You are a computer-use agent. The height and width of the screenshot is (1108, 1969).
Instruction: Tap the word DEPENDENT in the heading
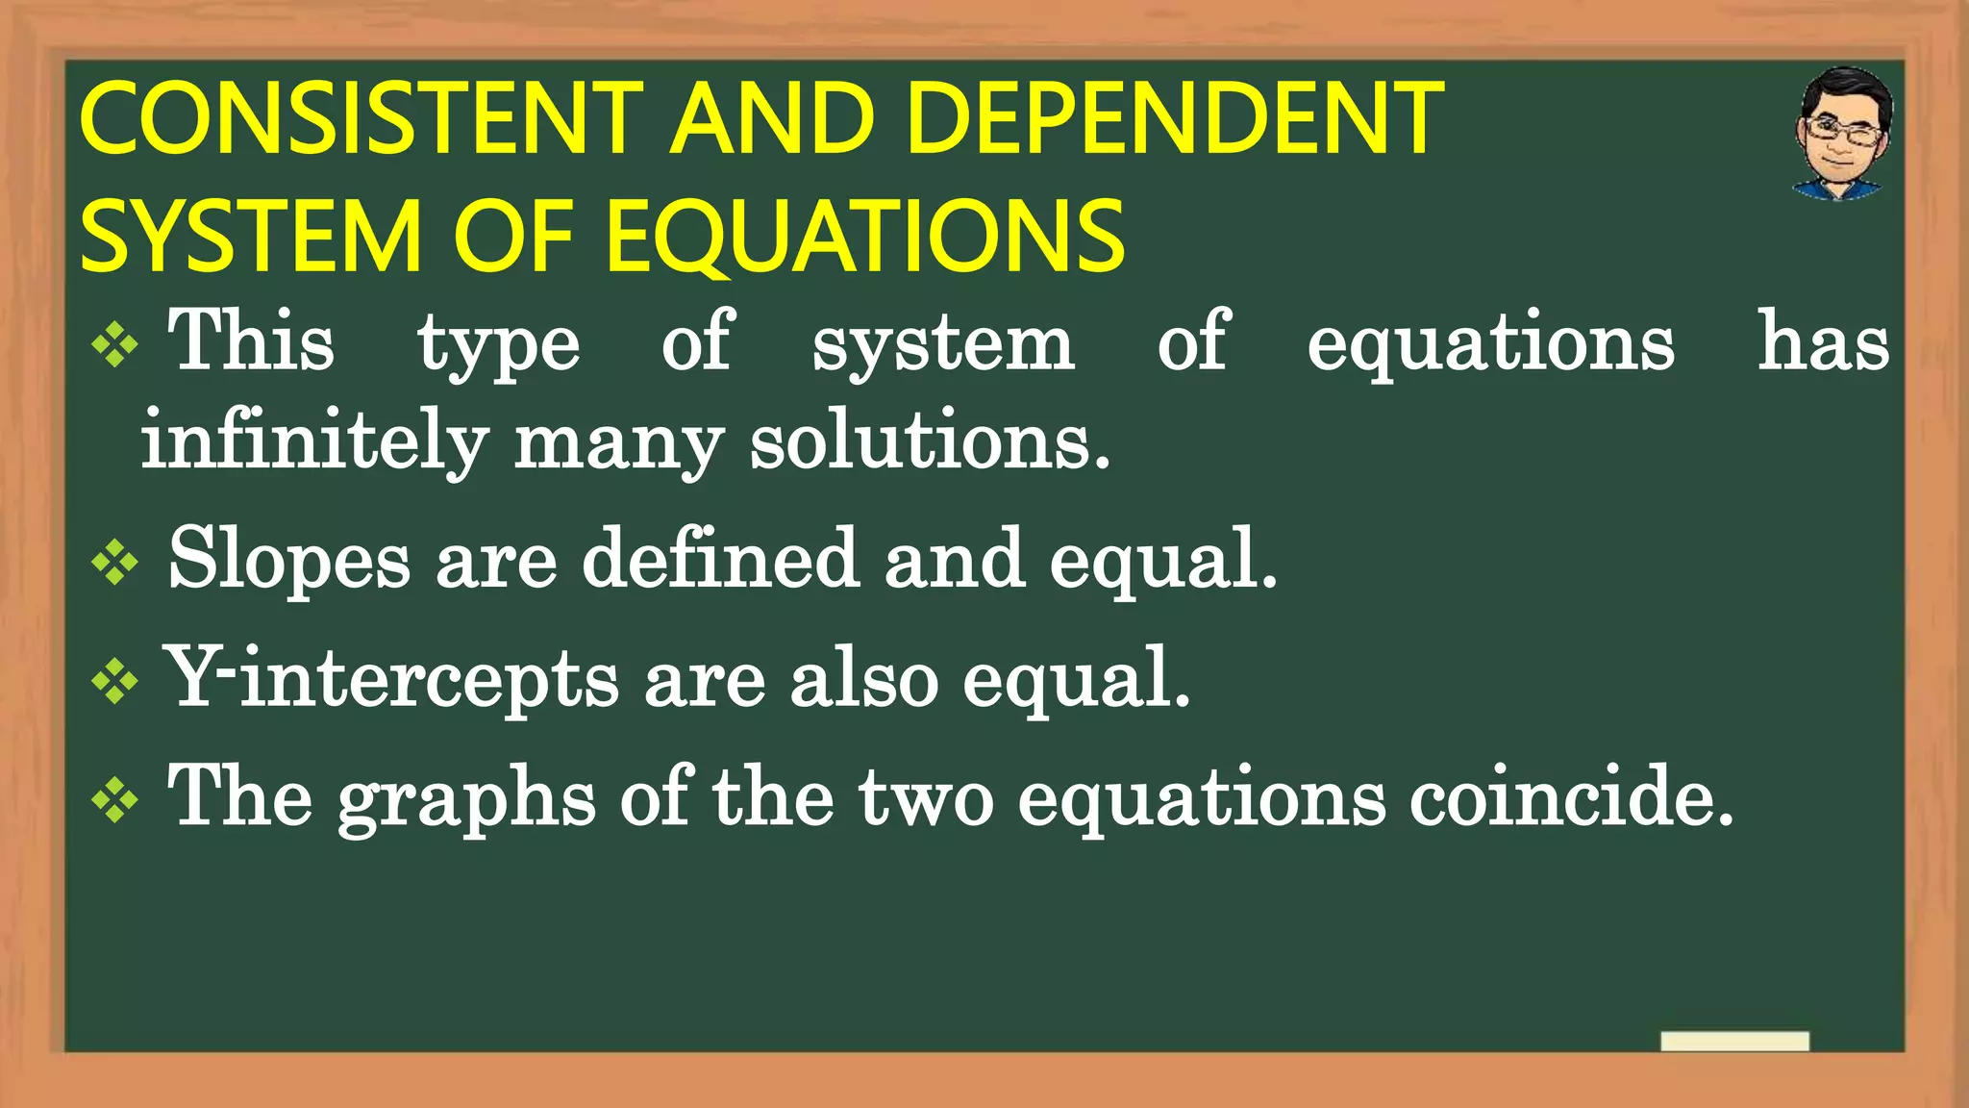tap(1174, 119)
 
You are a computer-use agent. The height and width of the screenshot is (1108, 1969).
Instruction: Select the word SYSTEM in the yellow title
tap(250, 237)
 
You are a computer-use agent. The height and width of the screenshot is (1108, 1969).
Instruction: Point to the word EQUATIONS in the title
tap(865, 237)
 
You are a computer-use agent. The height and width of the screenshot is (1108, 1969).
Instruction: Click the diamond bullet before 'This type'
tap(115, 344)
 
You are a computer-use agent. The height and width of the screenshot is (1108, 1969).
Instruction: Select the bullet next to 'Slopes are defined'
tap(115, 562)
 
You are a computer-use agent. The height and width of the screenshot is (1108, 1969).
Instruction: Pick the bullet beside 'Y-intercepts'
tap(115, 681)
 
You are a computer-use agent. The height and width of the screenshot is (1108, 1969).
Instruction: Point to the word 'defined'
tap(720, 560)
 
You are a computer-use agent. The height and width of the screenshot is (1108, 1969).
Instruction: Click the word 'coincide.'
tap(1571, 797)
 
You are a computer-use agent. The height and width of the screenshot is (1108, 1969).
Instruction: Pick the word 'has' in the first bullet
tap(1823, 342)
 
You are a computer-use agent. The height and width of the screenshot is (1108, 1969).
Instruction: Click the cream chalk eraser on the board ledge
tap(1734, 1042)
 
